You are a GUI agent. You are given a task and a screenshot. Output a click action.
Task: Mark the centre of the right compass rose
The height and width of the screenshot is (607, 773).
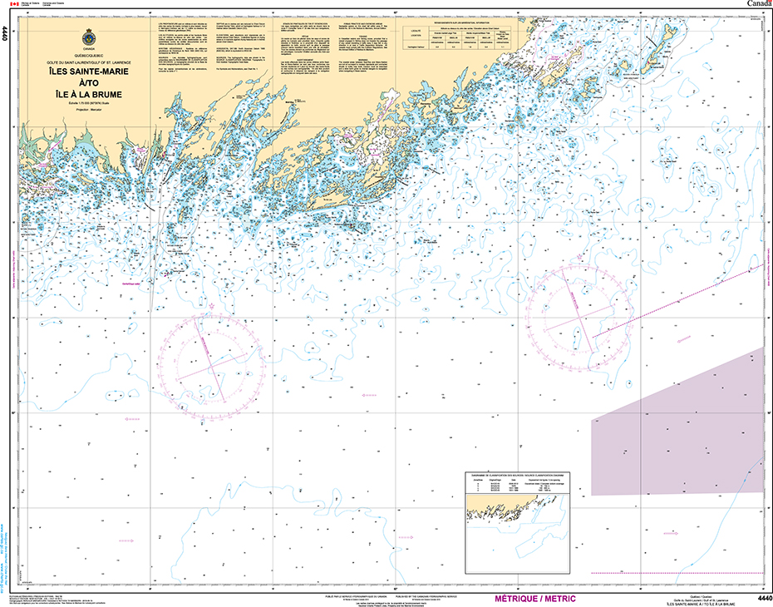pos(579,318)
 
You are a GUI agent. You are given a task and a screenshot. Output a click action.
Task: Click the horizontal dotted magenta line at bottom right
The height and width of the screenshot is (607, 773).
pos(677,573)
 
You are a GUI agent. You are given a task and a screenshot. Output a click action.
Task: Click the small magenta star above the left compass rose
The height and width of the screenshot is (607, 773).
pos(211,307)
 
